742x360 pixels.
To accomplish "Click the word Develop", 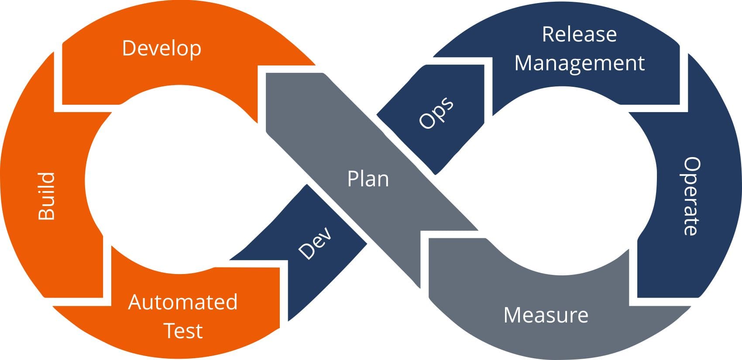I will coord(161,48).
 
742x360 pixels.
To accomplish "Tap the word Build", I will coord(47,196).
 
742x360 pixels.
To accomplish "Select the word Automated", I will coord(183,302).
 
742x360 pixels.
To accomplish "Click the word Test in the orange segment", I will coord(183,330).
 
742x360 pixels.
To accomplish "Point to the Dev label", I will coord(315,243).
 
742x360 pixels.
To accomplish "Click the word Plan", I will coord(368,179).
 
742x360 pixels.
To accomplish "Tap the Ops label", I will coord(436,113).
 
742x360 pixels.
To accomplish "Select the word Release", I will coord(579,34).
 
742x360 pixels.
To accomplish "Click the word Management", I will coord(579,63).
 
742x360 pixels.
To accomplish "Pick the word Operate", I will coord(691,196).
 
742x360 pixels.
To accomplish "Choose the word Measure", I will coord(546,315).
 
